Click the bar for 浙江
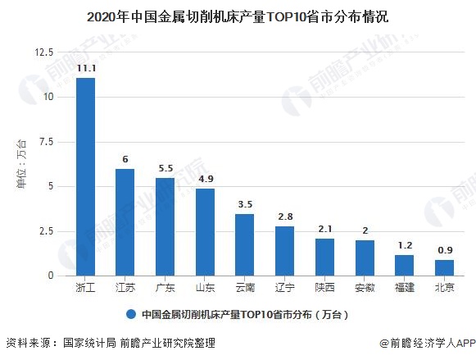[x=85, y=177]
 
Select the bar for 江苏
[x=125, y=222]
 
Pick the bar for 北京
[x=444, y=267]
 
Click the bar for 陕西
[x=324, y=257]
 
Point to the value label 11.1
[x=85, y=69]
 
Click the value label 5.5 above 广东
[x=165, y=169]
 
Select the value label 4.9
[x=205, y=180]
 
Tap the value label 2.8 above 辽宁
[x=284, y=217]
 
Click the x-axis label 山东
[x=205, y=288]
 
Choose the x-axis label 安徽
[x=365, y=288]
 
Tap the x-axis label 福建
[x=404, y=288]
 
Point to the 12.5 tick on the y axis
[x=43, y=52]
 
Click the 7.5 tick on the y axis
[x=46, y=142]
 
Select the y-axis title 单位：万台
[x=22, y=164]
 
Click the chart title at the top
[x=238, y=16]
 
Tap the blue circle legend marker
[x=130, y=314]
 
